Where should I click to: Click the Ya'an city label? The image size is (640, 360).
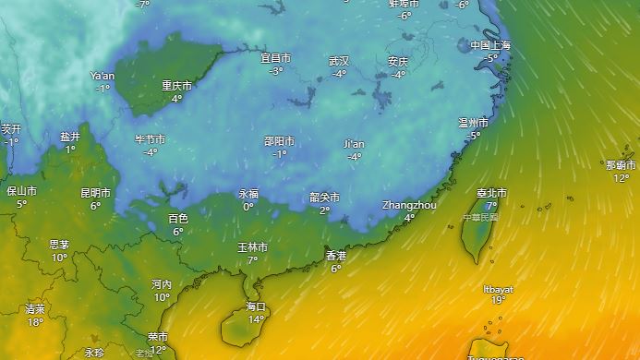tap(103, 76)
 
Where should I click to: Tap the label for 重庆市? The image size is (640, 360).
tap(177, 86)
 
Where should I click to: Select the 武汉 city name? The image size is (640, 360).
tap(339, 61)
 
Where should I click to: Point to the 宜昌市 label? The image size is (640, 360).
tap(276, 58)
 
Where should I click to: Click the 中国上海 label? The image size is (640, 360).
tap(490, 45)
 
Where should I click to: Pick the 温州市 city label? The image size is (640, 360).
tap(474, 123)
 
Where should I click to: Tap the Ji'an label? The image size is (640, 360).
tap(354, 144)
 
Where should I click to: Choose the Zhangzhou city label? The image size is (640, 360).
tap(409, 205)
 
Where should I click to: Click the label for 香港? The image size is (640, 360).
tap(336, 256)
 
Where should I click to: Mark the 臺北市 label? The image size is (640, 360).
tap(491, 193)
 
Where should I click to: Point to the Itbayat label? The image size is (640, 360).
tap(498, 289)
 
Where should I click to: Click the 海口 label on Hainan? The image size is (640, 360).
tap(256, 306)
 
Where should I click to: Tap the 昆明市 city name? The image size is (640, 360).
tap(95, 194)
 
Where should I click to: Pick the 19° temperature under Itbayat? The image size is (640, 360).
tap(498, 300)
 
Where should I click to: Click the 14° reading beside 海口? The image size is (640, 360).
tap(256, 319)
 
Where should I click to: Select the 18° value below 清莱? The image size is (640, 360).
tap(35, 322)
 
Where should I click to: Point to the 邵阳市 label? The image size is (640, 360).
tap(279, 141)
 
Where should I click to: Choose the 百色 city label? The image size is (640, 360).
tap(177, 219)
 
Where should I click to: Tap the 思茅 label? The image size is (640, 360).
tap(59, 245)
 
